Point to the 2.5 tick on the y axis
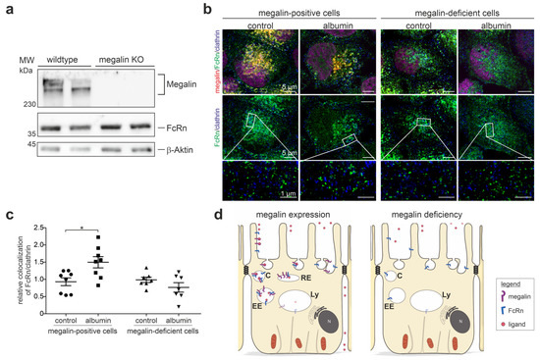[x=40, y=231]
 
